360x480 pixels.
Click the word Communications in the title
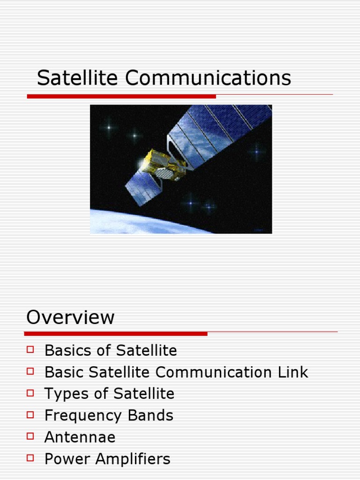click(x=208, y=78)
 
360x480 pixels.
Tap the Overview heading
click(x=70, y=317)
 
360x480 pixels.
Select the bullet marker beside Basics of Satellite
click(x=31, y=349)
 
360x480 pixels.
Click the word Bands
click(x=150, y=415)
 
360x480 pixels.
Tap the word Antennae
click(x=80, y=437)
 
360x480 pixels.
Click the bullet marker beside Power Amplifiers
click(x=31, y=458)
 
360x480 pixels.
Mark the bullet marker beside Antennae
click(x=31, y=436)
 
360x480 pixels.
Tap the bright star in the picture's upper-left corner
click(x=110, y=127)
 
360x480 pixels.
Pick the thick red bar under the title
click(x=121, y=96)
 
